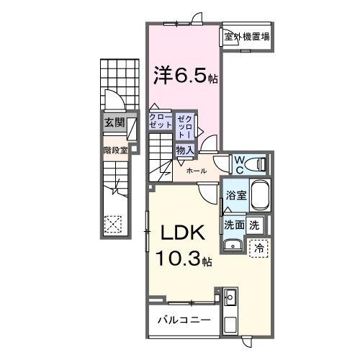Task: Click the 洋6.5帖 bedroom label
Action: pyautogui.click(x=184, y=73)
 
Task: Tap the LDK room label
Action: pyautogui.click(x=179, y=234)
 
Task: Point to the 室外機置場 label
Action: pyautogui.click(x=246, y=37)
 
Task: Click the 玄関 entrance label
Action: pyautogui.click(x=112, y=122)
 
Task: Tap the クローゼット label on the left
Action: pyautogui.click(x=161, y=120)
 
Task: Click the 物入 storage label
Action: pyautogui.click(x=184, y=150)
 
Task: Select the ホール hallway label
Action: pyautogui.click(x=196, y=171)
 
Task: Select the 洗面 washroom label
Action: pyautogui.click(x=234, y=224)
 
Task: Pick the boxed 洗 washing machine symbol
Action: pyautogui.click(x=254, y=224)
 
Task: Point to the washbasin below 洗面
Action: pyautogui.click(x=233, y=246)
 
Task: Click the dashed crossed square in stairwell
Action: pyautogui.click(x=112, y=224)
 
